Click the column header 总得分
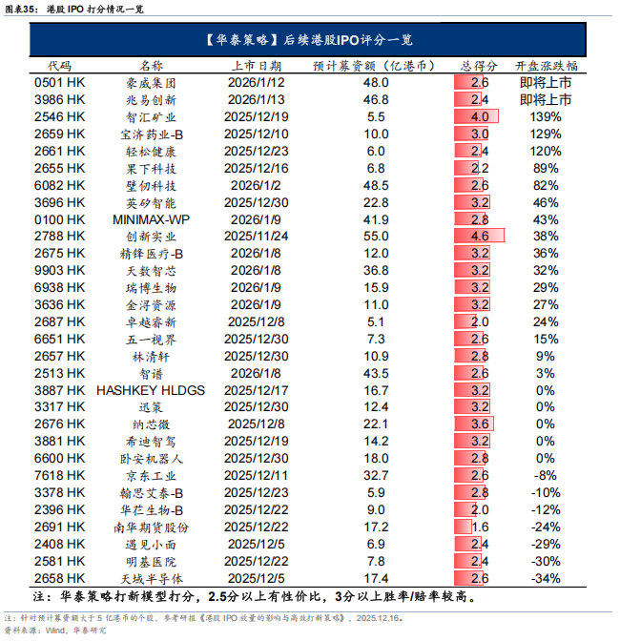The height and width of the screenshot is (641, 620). pyautogui.click(x=479, y=66)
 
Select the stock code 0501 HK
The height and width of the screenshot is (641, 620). pyautogui.click(x=59, y=83)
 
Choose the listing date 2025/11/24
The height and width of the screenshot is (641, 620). pyautogui.click(x=256, y=236)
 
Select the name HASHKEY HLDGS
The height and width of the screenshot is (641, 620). pyautogui.click(x=152, y=390)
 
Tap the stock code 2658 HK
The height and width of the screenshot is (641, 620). pyautogui.click(x=59, y=579)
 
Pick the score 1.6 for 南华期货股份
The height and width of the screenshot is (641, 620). pyautogui.click(x=479, y=527)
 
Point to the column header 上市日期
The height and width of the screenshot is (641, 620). pyautogui.click(x=256, y=66)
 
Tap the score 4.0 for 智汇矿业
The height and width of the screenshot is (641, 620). pyautogui.click(x=479, y=116)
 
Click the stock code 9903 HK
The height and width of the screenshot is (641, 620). pyautogui.click(x=59, y=270)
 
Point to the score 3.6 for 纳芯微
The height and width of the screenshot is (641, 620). pyautogui.click(x=479, y=424)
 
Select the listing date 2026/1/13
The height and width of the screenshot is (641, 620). pyautogui.click(x=256, y=99)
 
